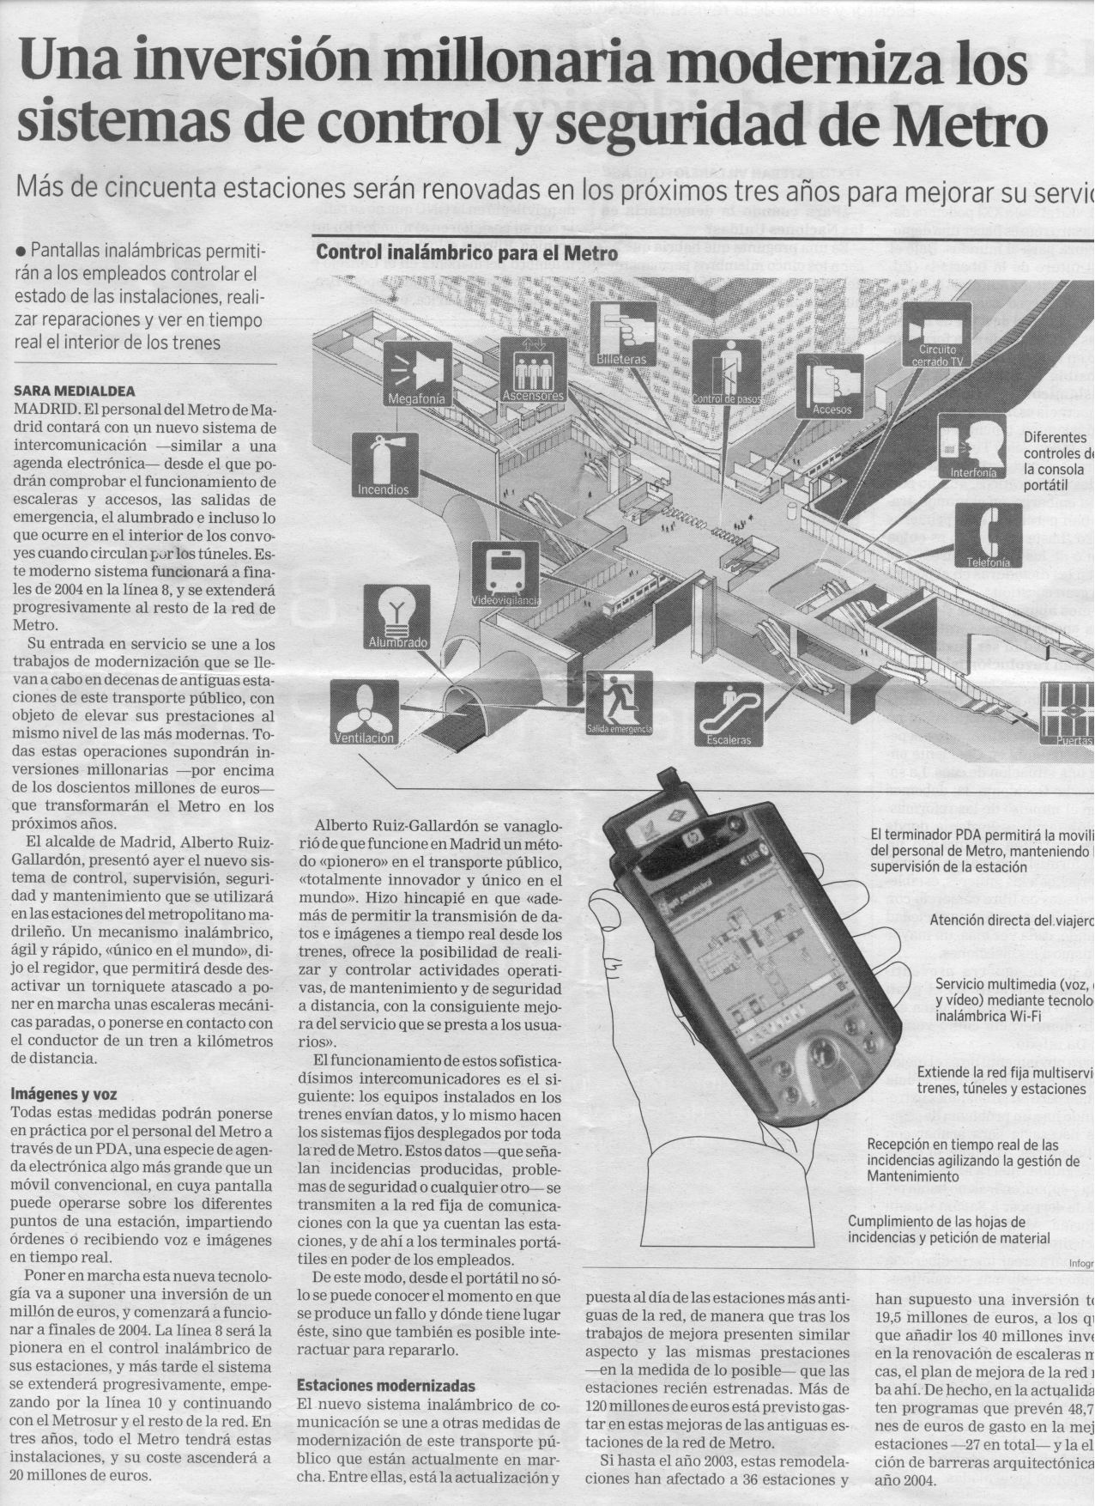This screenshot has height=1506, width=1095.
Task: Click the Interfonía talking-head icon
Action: click(x=971, y=444)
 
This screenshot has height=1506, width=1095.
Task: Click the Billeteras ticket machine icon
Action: click(x=624, y=331)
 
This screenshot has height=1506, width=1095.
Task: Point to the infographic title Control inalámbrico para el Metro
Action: click(x=467, y=253)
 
